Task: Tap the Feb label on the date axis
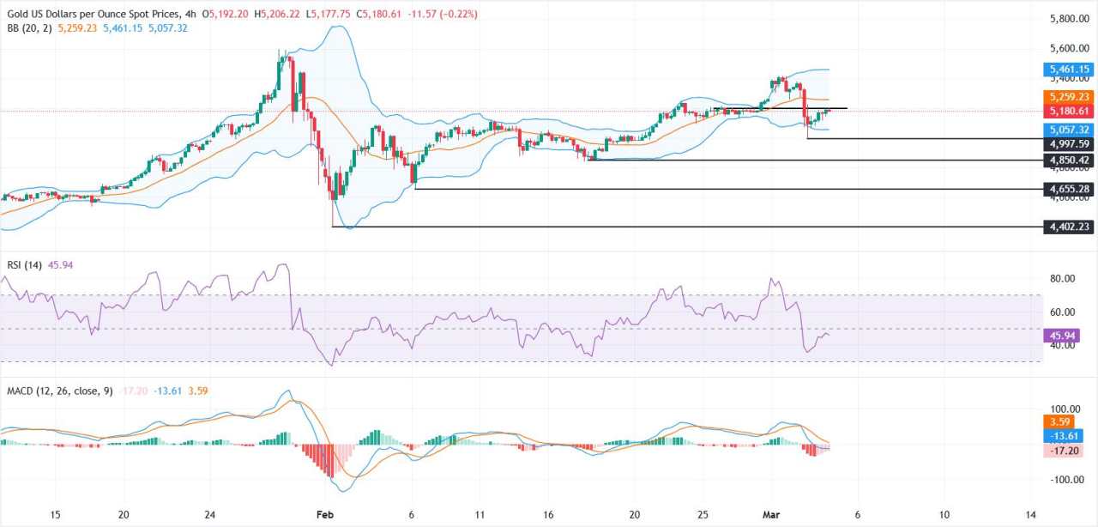[x=327, y=515]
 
